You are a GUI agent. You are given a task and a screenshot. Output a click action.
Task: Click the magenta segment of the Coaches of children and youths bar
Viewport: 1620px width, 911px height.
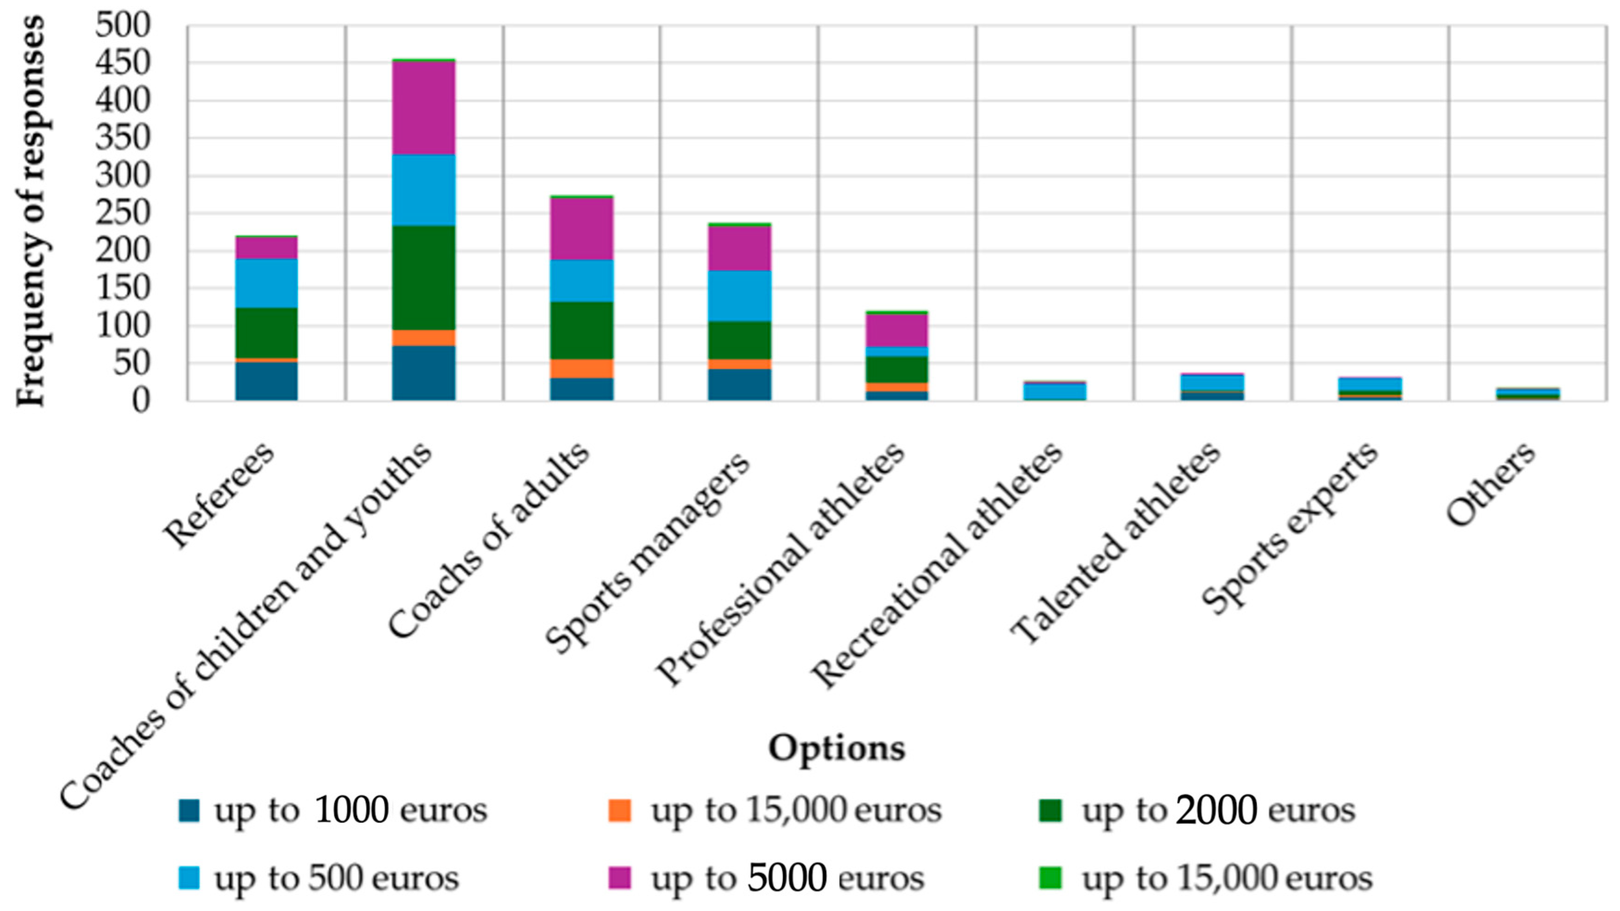coord(423,108)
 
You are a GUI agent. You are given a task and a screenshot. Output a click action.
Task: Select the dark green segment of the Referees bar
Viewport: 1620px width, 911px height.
coord(266,333)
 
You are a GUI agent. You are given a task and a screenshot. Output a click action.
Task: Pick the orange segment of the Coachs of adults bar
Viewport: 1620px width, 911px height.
coord(582,368)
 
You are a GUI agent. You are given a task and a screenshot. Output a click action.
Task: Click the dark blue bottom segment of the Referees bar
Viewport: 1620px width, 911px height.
coord(266,381)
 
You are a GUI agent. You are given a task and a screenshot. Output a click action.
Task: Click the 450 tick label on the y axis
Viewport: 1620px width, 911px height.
coord(123,62)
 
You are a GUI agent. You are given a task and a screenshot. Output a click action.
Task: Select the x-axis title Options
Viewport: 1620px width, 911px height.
coord(836,748)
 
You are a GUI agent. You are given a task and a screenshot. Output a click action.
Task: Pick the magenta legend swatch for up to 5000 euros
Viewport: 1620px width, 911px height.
coord(619,878)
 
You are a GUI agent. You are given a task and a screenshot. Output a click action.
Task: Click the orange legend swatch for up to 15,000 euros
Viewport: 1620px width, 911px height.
coord(619,811)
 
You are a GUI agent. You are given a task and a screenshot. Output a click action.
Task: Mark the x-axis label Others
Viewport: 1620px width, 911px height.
coord(1490,485)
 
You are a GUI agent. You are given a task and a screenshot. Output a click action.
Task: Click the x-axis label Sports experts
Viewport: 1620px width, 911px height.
coord(1289,529)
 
